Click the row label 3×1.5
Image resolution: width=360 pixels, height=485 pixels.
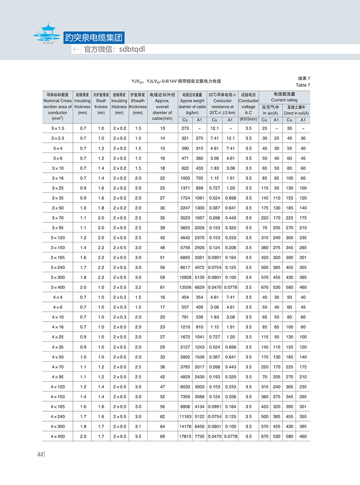pyautogui.click(x=58, y=129)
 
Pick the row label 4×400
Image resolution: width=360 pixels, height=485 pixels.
pyautogui.click(x=58, y=436)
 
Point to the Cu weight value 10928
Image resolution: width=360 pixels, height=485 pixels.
pyautogui.click(x=185, y=277)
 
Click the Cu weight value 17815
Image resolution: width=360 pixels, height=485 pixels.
pyautogui.click(x=185, y=436)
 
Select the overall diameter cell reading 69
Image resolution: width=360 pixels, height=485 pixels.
pyautogui.click(x=162, y=436)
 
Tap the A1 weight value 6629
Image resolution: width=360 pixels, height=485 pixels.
pyautogui.click(x=199, y=287)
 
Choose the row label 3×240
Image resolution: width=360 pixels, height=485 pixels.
pyautogui.click(x=58, y=267)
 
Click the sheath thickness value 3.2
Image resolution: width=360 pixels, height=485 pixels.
pyautogui.click(x=138, y=287)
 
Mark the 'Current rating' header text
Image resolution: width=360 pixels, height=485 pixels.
pyautogui.click(x=284, y=100)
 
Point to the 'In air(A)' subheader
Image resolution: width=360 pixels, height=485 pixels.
pyautogui.click(x=270, y=113)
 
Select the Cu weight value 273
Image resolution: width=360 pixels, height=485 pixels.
pyautogui.click(x=185, y=129)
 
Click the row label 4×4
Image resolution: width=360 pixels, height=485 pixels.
pyautogui.click(x=58, y=297)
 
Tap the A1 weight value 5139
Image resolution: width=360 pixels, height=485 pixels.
pyautogui.click(x=199, y=277)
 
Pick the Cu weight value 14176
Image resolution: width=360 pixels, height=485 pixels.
pyautogui.click(x=185, y=426)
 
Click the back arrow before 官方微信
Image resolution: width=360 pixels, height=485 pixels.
pyautogui.click(x=76, y=49)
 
